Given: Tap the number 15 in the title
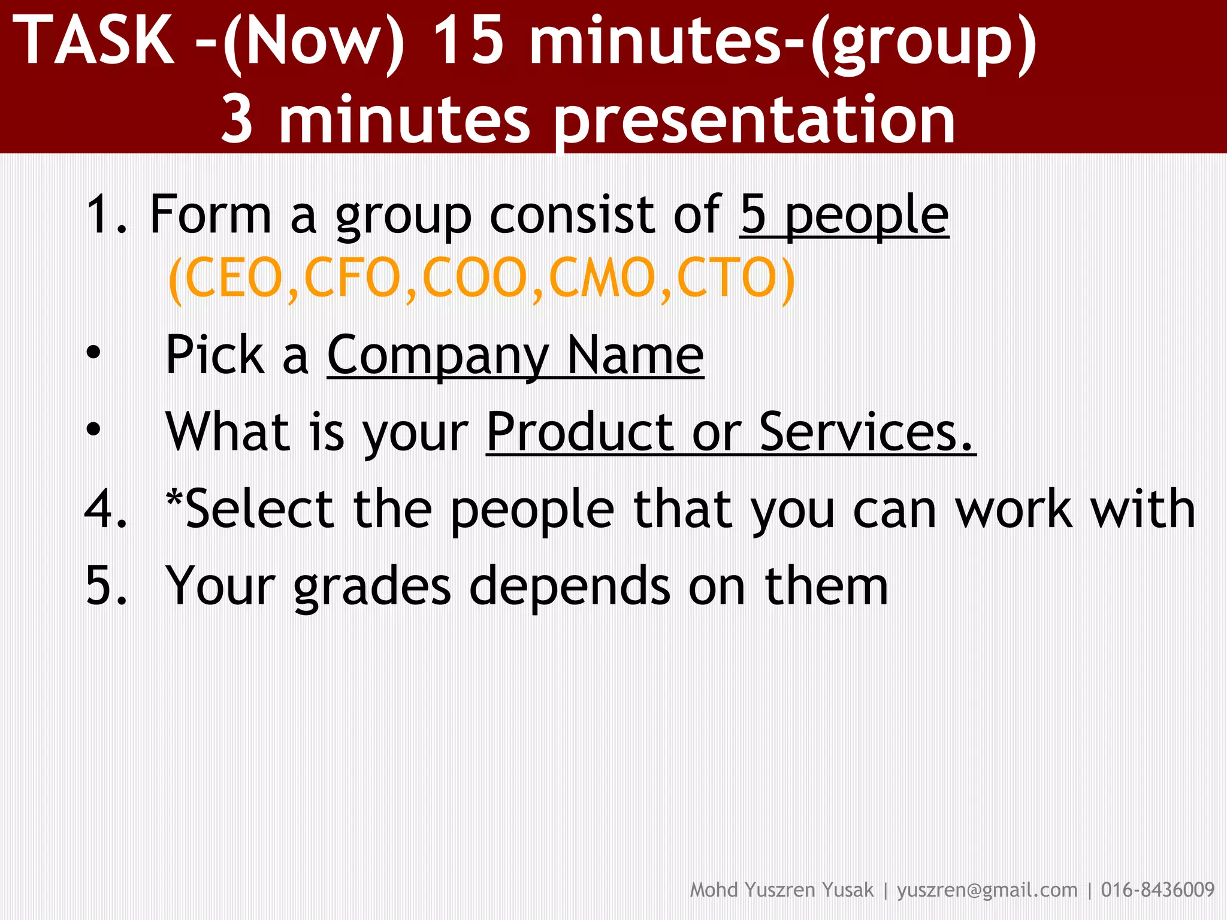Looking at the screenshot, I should coord(468,41).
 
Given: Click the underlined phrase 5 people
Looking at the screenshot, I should coord(844,216).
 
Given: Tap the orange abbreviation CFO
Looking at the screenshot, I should coord(352,278).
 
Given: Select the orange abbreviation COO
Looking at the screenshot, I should coord(475,278).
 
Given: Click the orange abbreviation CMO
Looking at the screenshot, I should coord(602,278).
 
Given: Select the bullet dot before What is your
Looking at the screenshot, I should coord(93,429).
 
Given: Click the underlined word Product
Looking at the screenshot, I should coord(580,432).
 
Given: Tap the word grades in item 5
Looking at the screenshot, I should coord(371,587).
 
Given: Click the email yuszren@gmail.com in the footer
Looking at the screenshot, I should coord(987,890).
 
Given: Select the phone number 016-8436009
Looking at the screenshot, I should coord(1158,890).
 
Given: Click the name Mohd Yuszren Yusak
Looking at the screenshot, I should coord(781,890).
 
